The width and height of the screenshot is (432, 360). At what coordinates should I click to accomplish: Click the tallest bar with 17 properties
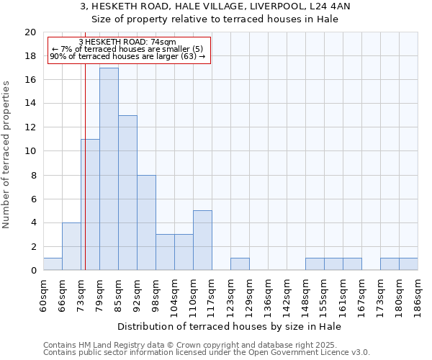tap(109, 168)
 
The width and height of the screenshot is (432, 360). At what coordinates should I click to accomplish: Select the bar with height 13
tap(127, 192)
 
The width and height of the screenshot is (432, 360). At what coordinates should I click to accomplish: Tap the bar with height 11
tap(90, 204)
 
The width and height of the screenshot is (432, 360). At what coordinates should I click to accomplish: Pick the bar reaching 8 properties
tap(146, 222)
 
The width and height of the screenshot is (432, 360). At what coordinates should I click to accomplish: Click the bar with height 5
tap(202, 240)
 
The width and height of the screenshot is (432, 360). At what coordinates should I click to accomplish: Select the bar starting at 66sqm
tap(71, 246)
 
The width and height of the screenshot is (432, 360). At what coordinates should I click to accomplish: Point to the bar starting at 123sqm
tap(240, 264)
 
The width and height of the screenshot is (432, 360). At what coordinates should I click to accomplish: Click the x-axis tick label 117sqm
tap(212, 293)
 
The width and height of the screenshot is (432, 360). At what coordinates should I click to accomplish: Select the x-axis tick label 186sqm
tap(418, 293)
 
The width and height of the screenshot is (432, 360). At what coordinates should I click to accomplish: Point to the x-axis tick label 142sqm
tap(287, 293)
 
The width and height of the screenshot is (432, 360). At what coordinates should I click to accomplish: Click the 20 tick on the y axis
tap(30, 32)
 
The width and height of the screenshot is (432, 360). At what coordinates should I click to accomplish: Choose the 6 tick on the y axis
tap(33, 199)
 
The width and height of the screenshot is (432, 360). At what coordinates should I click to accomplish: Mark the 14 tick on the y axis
tap(30, 104)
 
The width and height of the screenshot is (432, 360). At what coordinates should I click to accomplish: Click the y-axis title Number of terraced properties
tap(7, 154)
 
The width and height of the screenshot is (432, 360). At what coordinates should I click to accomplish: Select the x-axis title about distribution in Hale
tap(229, 326)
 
